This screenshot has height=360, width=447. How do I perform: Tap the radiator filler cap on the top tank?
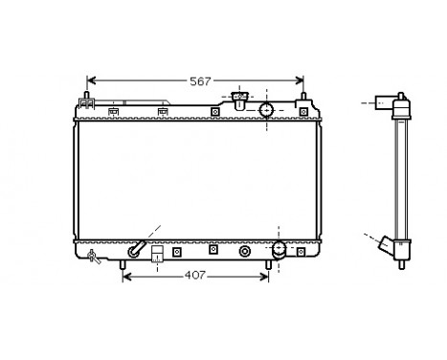coord(240,98)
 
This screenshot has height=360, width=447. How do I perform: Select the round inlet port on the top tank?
coord(267,109)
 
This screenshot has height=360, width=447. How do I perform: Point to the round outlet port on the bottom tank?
coord(279,250)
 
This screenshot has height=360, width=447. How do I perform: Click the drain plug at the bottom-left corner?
coord(92,256)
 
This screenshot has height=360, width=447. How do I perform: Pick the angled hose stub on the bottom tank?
coord(138,251)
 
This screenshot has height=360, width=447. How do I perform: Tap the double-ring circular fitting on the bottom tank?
coord(245,252)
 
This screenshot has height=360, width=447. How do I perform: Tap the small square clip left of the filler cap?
coord(214,111)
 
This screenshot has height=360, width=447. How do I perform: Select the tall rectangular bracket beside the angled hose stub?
coord(156,256)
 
